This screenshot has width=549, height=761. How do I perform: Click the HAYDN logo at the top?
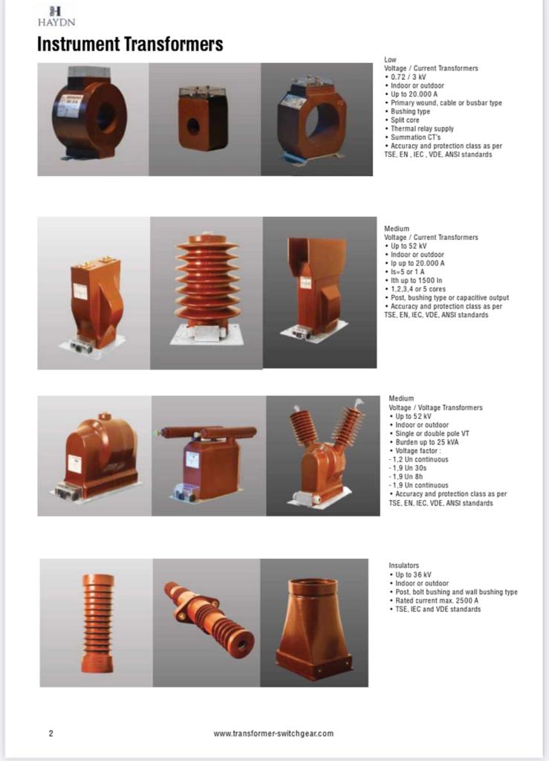click(x=56, y=16)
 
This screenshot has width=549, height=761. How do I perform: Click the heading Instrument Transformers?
click(x=130, y=44)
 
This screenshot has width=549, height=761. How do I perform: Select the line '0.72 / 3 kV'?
click(x=409, y=77)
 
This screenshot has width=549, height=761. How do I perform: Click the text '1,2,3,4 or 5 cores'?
click(x=418, y=289)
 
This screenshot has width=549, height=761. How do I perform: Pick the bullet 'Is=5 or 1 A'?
click(x=407, y=272)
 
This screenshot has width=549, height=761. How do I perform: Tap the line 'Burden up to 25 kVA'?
click(x=426, y=442)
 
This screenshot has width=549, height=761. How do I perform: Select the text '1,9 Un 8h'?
click(x=407, y=476)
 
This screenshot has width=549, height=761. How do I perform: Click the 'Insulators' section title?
click(x=403, y=566)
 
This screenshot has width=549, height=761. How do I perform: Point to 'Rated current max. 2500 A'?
click(x=437, y=600)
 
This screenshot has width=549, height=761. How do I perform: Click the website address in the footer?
click(x=273, y=734)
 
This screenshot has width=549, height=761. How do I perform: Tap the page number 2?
click(x=51, y=734)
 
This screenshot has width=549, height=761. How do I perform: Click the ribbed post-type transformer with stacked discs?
click(x=207, y=289)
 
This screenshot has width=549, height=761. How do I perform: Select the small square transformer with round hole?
click(x=203, y=117)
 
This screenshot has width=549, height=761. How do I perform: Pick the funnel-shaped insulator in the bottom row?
click(x=314, y=622)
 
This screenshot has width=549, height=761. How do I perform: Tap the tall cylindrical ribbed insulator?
click(x=97, y=624)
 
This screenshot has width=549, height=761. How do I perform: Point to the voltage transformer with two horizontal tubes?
click(x=206, y=463)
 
